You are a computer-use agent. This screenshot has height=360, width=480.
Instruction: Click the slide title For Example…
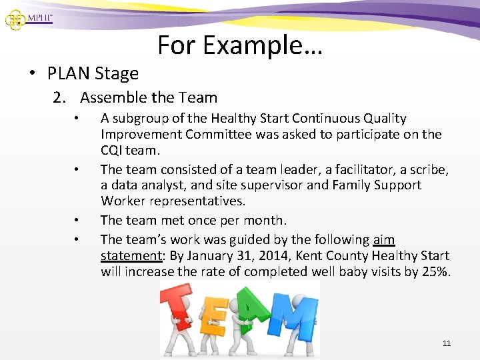click(x=240, y=45)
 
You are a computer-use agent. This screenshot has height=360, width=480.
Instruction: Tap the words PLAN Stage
click(x=93, y=73)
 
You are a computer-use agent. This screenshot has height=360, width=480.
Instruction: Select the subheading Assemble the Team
click(x=149, y=97)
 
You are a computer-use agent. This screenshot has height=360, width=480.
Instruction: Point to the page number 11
click(x=446, y=343)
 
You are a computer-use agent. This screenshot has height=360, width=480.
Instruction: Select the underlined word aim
click(x=384, y=239)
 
